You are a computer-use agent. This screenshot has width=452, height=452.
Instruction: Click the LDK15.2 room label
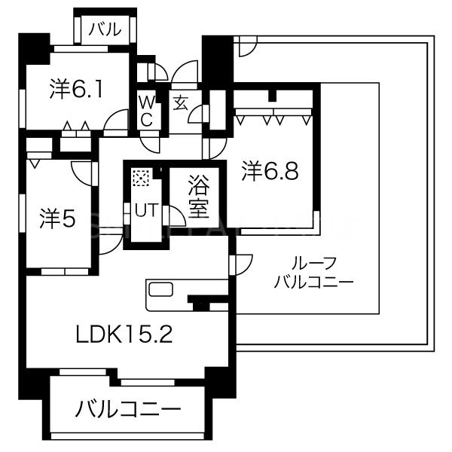click(124, 332)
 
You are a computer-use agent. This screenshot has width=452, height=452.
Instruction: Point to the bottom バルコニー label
click(127, 411)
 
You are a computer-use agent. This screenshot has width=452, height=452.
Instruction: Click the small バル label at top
click(105, 29)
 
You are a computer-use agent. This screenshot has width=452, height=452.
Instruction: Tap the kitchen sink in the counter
click(160, 291)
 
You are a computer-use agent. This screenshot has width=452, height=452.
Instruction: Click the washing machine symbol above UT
click(141, 179)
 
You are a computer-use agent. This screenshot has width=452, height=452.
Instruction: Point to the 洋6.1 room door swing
click(117, 121)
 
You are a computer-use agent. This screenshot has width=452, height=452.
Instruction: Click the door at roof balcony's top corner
click(246, 47)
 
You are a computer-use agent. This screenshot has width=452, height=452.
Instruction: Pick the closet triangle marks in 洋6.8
click(271, 117)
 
